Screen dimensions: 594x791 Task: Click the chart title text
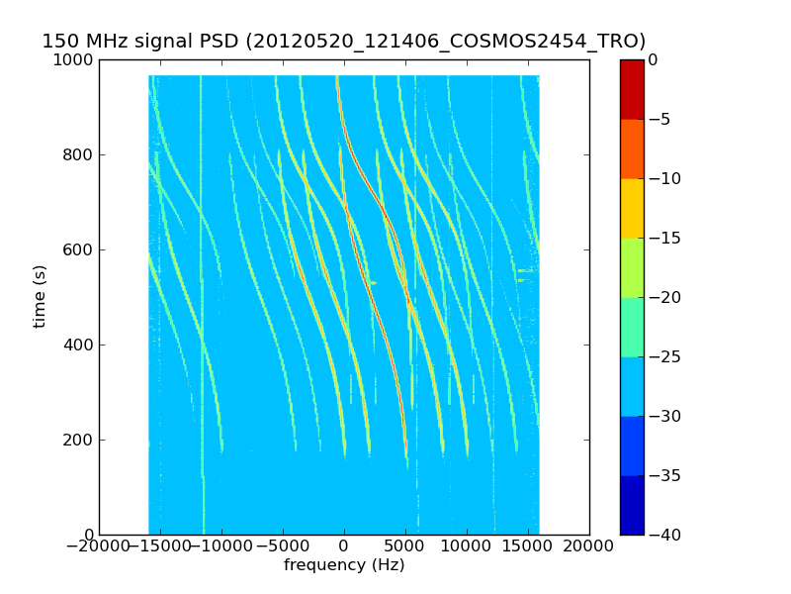(344, 41)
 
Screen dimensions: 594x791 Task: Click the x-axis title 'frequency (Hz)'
(344, 565)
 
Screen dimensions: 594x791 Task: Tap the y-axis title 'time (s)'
(40, 296)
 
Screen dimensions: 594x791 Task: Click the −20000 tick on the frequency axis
(99, 546)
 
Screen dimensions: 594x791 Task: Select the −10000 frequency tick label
(220, 546)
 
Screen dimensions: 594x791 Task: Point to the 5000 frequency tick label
(405, 546)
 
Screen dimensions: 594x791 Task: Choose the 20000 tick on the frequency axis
(589, 546)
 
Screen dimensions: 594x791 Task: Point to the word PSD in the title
(221, 41)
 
